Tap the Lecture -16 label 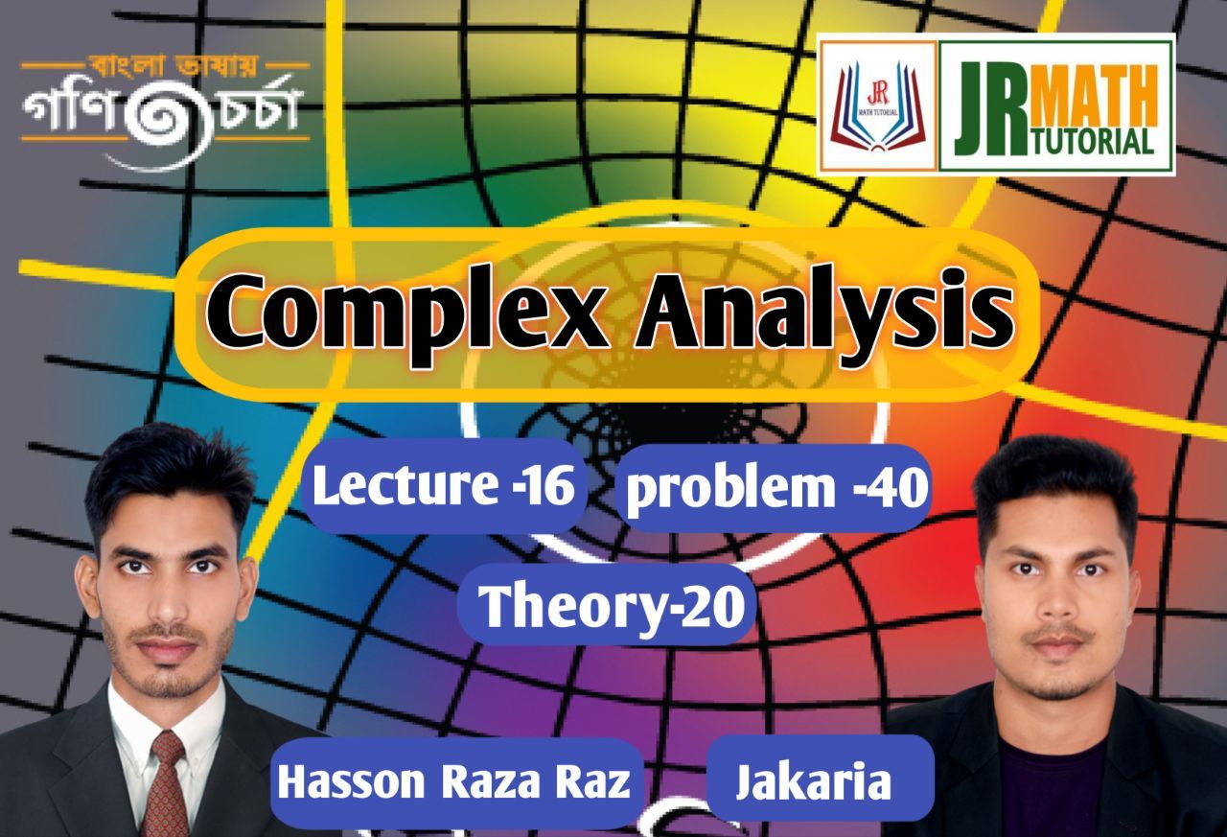click(x=443, y=487)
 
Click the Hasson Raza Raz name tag click(x=453, y=782)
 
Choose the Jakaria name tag click(x=813, y=782)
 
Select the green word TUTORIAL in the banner click(x=1094, y=140)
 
